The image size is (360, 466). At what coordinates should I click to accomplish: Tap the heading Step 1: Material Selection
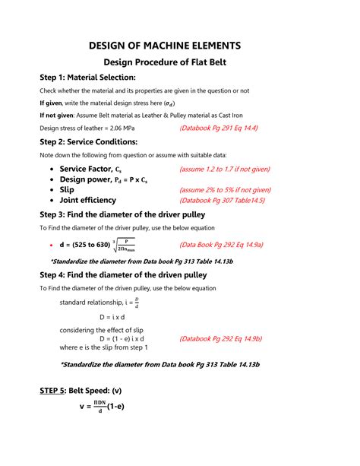point(87,78)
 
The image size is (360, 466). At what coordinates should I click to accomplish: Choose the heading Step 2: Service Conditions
point(88,141)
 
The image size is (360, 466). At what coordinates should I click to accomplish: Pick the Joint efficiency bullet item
point(87,201)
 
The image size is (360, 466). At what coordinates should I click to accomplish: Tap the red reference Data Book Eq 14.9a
point(221,246)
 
